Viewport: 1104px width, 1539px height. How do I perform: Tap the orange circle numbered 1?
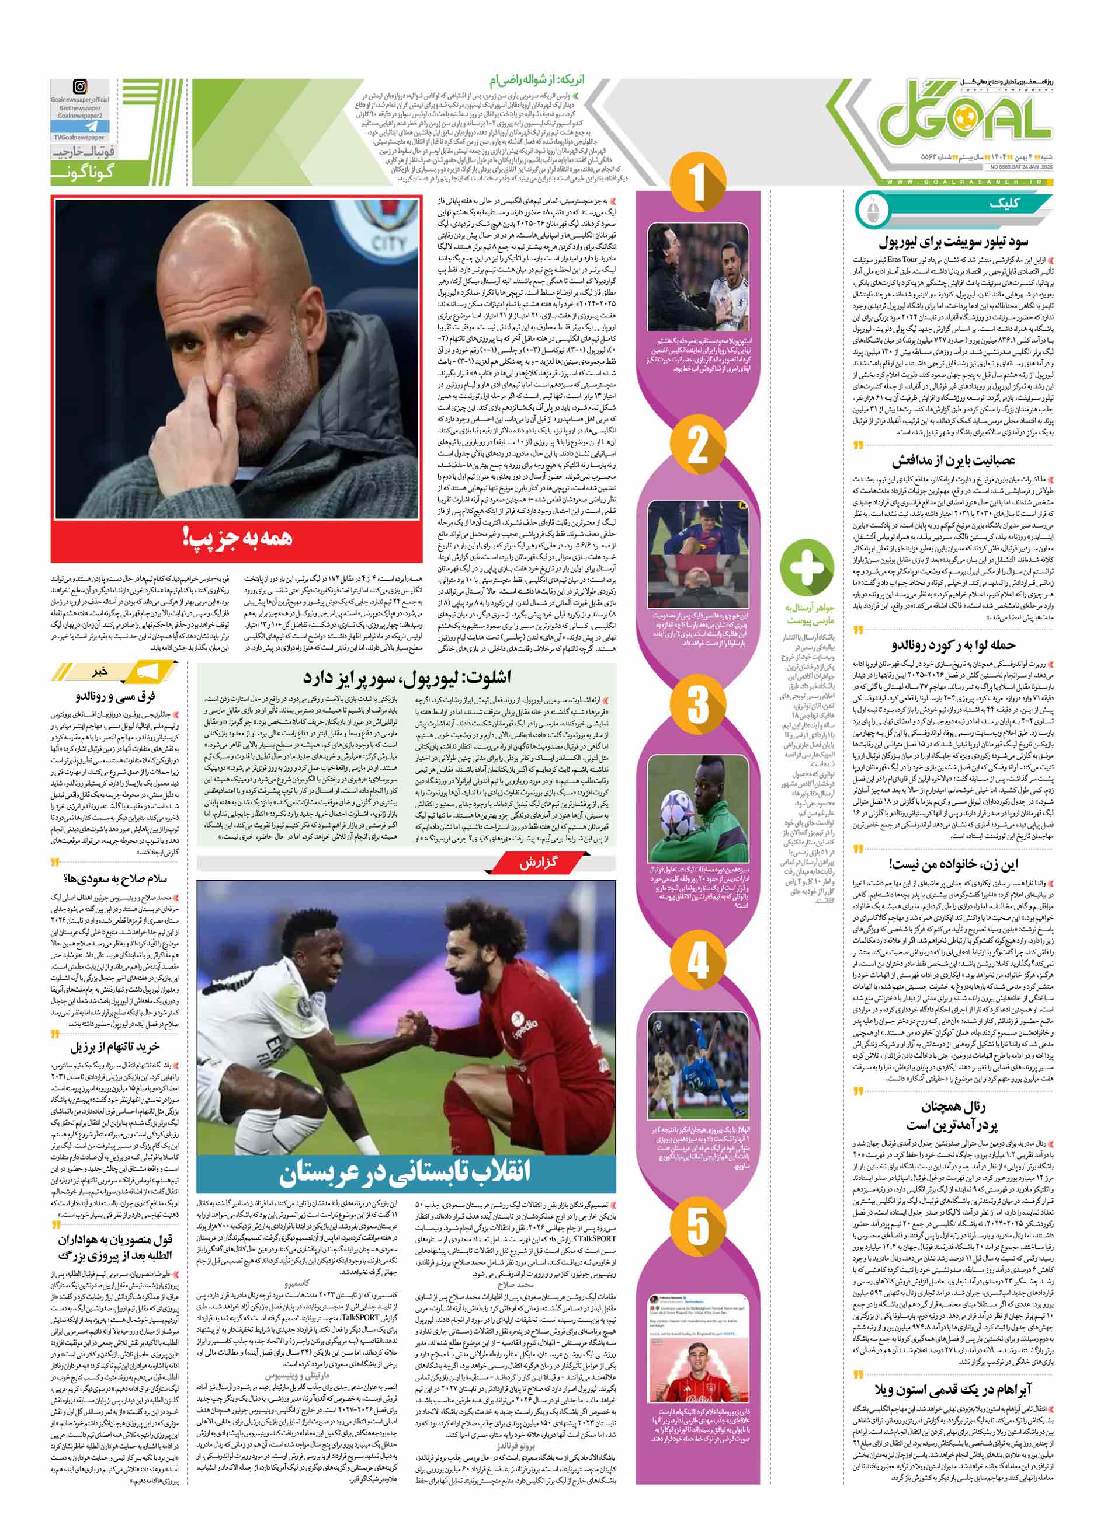point(698,183)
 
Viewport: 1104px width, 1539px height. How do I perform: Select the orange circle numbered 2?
point(698,445)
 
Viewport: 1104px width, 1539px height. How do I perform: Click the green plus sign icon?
point(807,567)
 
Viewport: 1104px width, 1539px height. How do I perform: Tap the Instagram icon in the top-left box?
point(80,88)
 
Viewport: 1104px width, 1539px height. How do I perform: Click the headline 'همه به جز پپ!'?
point(238,538)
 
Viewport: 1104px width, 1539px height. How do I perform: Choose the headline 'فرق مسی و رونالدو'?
point(117,696)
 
